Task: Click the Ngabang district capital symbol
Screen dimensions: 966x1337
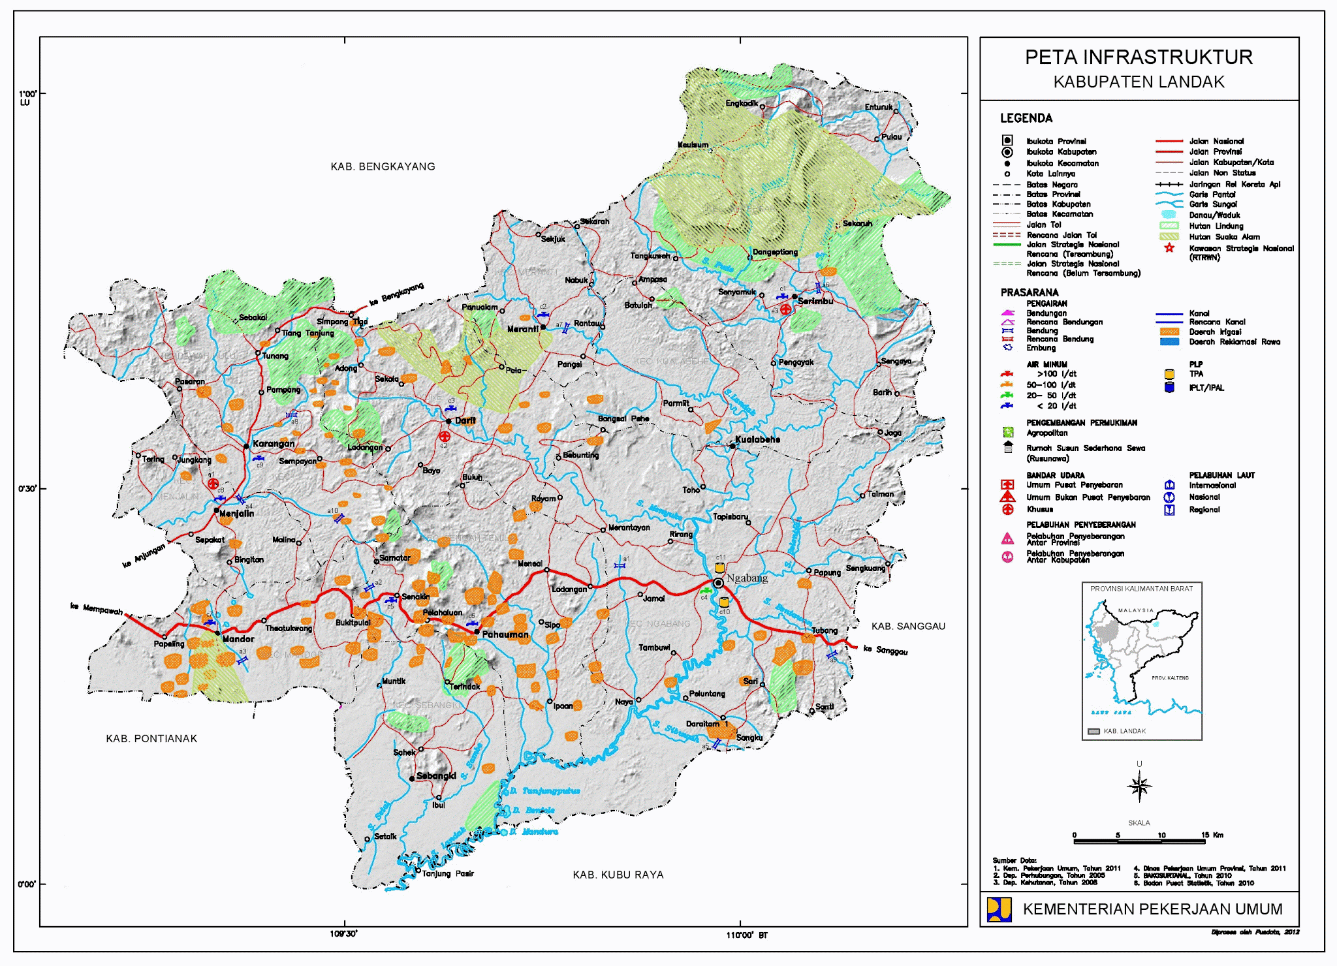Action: (x=719, y=583)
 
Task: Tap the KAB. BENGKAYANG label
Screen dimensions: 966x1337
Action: (x=383, y=166)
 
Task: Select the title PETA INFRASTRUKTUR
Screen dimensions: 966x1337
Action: (x=1139, y=57)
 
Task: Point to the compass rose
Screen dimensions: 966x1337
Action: (x=1139, y=786)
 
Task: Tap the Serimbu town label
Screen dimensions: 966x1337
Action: (x=815, y=301)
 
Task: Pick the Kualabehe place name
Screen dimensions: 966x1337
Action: (x=757, y=439)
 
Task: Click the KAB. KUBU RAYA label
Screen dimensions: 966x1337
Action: (x=618, y=875)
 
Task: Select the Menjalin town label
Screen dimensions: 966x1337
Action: (x=236, y=513)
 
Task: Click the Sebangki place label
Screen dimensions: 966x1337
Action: (x=436, y=775)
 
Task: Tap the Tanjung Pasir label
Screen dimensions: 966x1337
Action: (x=448, y=873)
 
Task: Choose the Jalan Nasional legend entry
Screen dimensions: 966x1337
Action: (x=1216, y=141)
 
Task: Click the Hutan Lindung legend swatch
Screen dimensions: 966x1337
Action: (x=1169, y=226)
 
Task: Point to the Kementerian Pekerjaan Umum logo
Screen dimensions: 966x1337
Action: (x=999, y=909)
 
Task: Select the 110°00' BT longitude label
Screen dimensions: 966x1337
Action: (x=747, y=935)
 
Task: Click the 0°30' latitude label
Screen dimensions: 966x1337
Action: (x=27, y=488)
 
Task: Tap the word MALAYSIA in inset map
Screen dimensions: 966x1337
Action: (x=1136, y=610)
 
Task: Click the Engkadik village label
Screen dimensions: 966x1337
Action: (x=742, y=103)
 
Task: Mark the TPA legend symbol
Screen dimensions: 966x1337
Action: (x=1169, y=374)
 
